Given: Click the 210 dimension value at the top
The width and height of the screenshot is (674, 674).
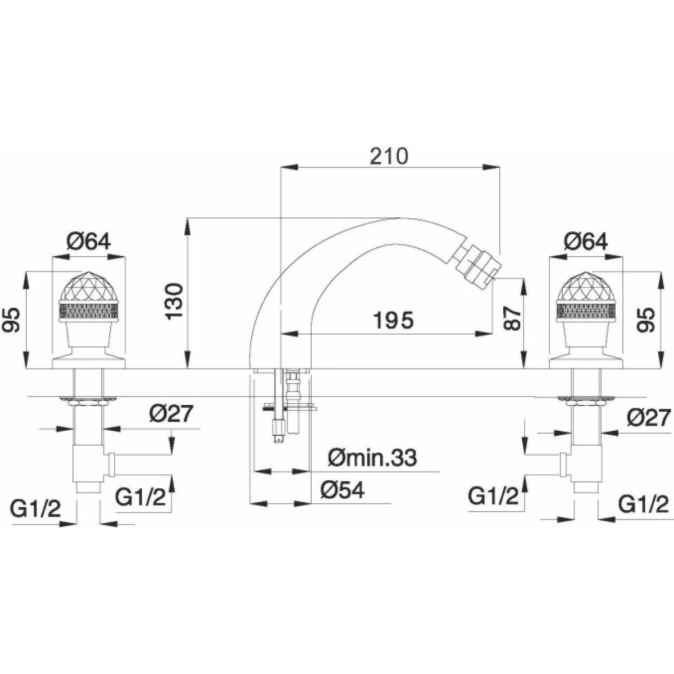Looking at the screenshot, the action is (x=389, y=156).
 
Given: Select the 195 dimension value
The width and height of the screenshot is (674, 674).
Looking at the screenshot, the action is (x=394, y=320).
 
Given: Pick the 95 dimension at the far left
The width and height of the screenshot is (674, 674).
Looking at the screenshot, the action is (x=11, y=320).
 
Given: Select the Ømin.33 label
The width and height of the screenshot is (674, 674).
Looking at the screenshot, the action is (x=372, y=458).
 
